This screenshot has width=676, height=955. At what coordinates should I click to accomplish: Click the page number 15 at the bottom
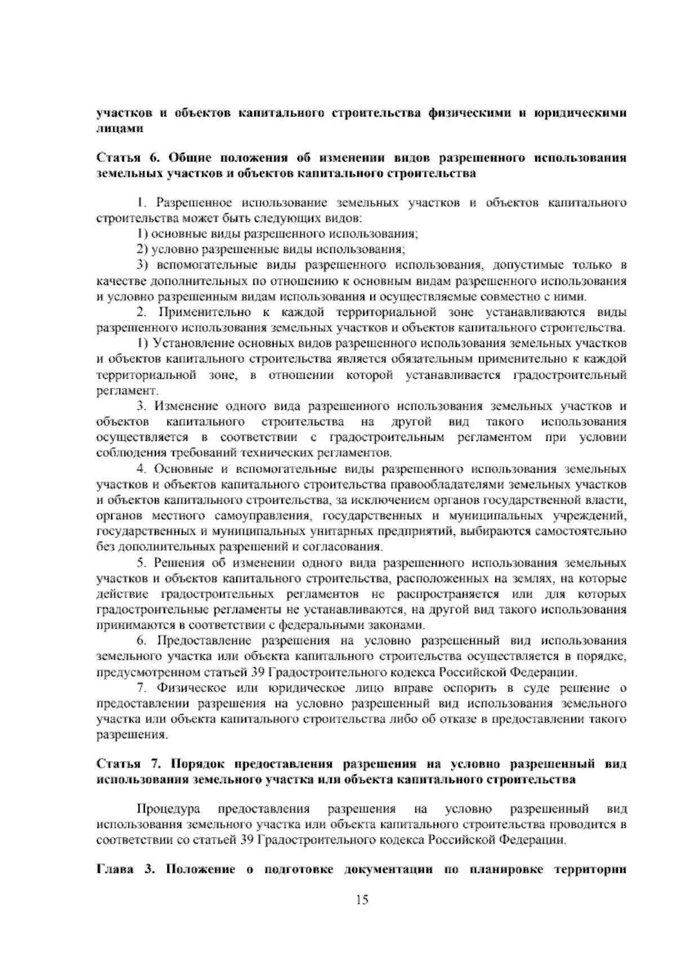click(362, 900)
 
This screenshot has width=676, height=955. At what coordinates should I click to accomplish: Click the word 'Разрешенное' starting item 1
click(193, 202)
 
